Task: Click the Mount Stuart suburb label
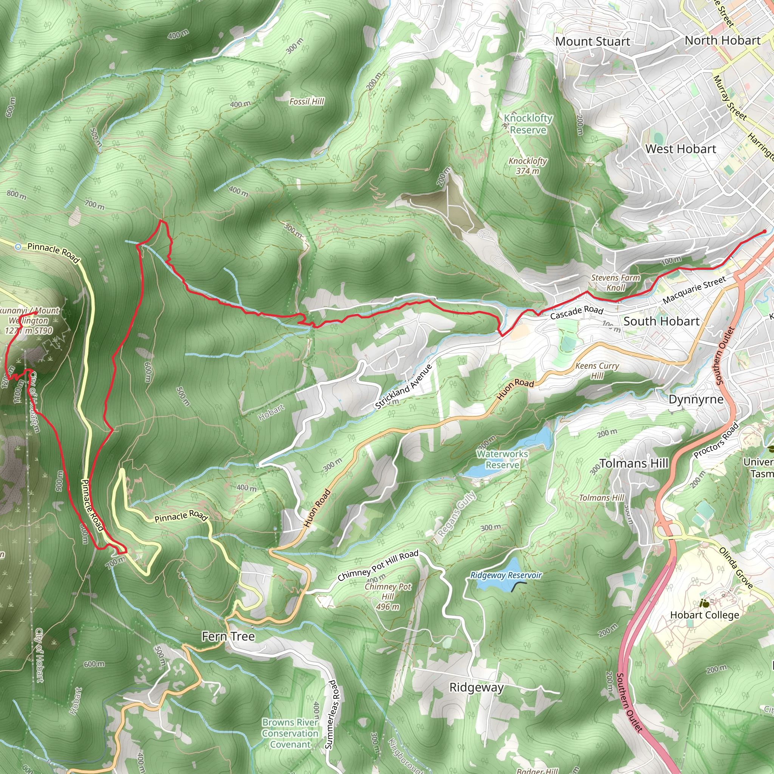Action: point(592,42)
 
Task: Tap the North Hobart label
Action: point(722,40)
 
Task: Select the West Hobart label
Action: point(680,149)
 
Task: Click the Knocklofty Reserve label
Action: point(528,124)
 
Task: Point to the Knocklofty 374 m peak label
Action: point(528,166)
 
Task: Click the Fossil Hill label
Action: point(307,102)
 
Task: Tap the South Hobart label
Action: point(661,321)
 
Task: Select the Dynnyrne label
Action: point(696,399)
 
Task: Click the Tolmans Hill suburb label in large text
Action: point(634,463)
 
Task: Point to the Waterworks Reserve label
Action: point(502,460)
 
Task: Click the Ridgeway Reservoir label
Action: point(506,575)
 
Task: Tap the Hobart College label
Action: point(705,615)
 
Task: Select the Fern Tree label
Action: point(228,636)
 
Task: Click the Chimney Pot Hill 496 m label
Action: point(387,596)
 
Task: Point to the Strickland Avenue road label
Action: point(403,387)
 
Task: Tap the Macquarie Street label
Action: point(694,290)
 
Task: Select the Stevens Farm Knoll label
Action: point(615,282)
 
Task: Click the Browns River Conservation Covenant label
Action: point(290,733)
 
